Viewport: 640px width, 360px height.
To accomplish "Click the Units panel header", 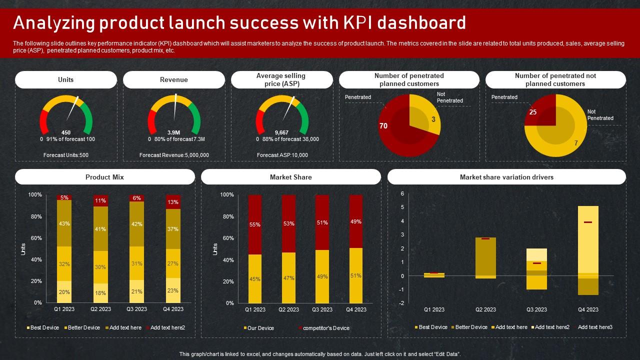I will [x=66, y=79].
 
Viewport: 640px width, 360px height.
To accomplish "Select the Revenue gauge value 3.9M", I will [x=174, y=132].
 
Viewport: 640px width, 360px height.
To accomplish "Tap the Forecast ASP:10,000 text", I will [x=282, y=155].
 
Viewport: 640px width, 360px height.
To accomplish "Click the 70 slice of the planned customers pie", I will [x=383, y=126].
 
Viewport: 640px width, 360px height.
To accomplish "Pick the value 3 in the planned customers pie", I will [x=433, y=119].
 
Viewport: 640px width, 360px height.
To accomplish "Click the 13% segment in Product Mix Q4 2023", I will [x=173, y=202].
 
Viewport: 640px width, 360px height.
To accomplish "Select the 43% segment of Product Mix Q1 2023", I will [x=64, y=223].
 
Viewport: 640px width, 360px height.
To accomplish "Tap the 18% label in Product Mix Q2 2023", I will [x=100, y=293].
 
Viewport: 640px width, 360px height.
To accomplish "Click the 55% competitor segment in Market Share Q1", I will [x=255, y=224].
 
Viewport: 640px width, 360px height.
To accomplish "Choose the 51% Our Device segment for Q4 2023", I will [x=356, y=275].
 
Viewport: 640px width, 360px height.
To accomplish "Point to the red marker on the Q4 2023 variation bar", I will [x=588, y=222].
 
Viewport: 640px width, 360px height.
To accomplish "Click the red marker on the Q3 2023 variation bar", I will [x=536, y=263].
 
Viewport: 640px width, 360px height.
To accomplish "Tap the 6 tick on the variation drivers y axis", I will [x=402, y=193].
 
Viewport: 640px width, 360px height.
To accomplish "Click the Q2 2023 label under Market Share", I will [x=288, y=309].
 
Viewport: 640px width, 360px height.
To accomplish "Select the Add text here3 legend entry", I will [x=595, y=327].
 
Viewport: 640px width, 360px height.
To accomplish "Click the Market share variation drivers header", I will [x=506, y=177].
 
